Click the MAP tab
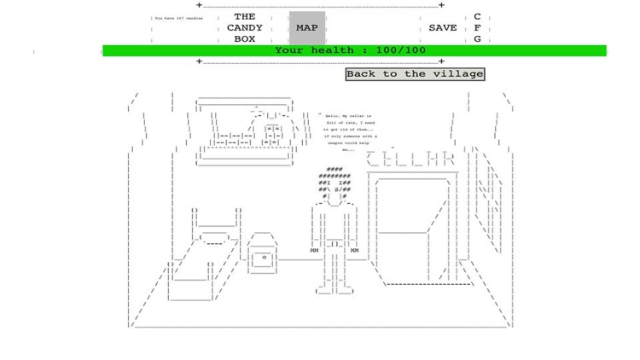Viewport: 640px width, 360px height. pos(306,28)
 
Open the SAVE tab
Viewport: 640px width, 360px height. pos(442,28)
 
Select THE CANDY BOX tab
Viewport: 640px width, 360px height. pos(245,28)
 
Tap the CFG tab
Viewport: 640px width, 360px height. pos(477,28)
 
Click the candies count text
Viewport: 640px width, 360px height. pos(177,18)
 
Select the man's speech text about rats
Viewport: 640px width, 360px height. pos(351,132)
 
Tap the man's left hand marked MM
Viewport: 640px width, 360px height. pos(314,251)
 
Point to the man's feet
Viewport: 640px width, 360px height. pos(334,289)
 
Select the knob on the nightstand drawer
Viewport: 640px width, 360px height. pos(265,257)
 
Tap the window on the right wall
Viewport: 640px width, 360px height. pos(489,205)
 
